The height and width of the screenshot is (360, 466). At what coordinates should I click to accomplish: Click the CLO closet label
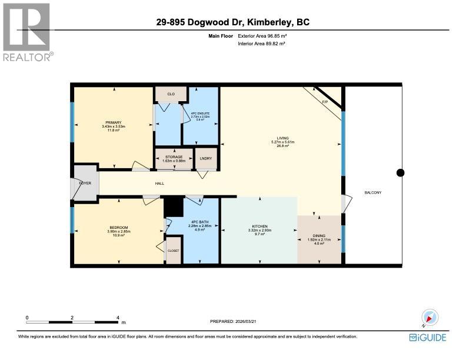click(x=171, y=94)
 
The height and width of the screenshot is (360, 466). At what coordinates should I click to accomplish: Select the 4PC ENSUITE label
click(x=200, y=114)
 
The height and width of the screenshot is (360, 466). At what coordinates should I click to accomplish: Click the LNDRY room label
click(x=205, y=158)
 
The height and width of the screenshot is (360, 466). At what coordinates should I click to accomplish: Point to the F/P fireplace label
click(x=324, y=102)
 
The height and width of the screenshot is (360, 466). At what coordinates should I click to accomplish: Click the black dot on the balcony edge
click(x=401, y=172)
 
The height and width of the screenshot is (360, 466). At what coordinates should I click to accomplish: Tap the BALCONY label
click(x=373, y=193)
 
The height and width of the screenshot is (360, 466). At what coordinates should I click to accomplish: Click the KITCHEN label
click(x=259, y=226)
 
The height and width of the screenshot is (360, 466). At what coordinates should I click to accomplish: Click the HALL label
click(x=159, y=184)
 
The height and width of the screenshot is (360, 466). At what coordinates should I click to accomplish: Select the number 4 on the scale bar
click(x=118, y=317)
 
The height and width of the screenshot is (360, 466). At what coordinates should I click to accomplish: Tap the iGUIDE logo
click(x=428, y=337)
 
